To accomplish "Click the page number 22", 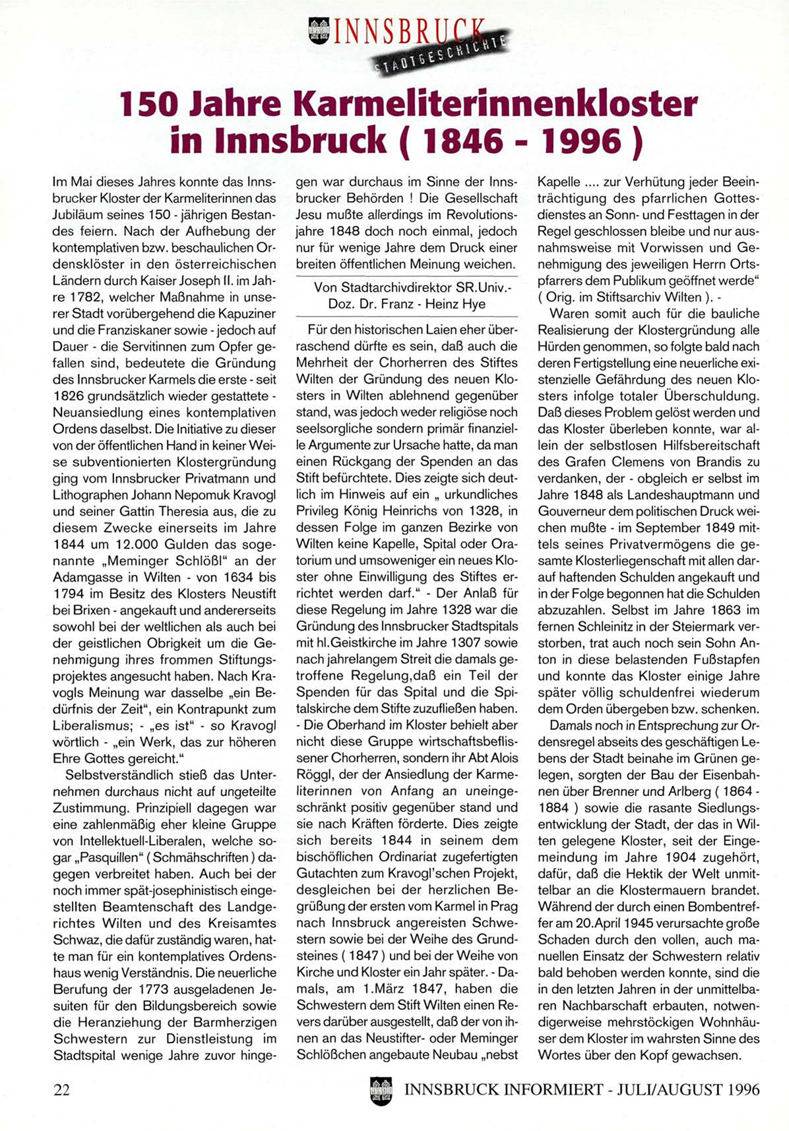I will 61,1089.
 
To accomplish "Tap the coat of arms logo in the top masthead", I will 319,31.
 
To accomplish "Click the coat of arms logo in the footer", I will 381,1090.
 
